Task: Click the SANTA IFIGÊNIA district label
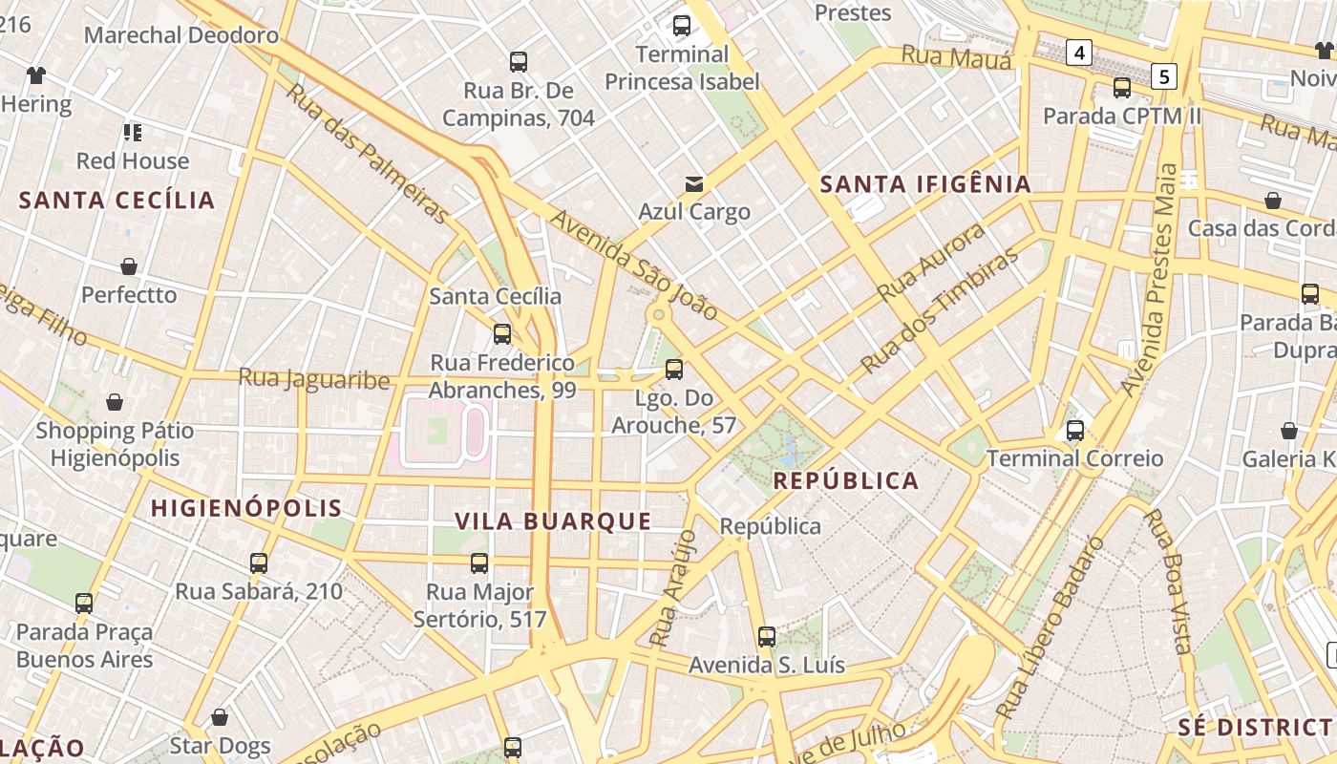click(x=925, y=184)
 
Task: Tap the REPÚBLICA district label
click(x=846, y=480)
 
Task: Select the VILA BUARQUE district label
click(x=553, y=521)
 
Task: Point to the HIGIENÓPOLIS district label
click(x=246, y=508)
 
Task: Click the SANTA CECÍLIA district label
click(x=117, y=201)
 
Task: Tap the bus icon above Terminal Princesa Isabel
click(x=681, y=26)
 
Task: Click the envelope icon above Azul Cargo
click(x=694, y=183)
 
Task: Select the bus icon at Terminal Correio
click(x=1075, y=431)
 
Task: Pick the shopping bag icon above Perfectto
click(x=129, y=266)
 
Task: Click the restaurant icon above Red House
click(x=133, y=133)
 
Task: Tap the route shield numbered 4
click(x=1079, y=53)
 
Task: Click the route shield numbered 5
click(x=1163, y=75)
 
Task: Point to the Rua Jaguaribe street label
click(x=314, y=379)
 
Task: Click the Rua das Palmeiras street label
click(x=367, y=153)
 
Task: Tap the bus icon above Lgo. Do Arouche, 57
click(x=674, y=369)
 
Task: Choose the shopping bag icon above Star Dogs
click(x=220, y=717)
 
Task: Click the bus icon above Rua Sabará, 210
click(x=259, y=563)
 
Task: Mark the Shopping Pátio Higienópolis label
click(x=115, y=444)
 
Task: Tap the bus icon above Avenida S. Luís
click(x=767, y=636)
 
